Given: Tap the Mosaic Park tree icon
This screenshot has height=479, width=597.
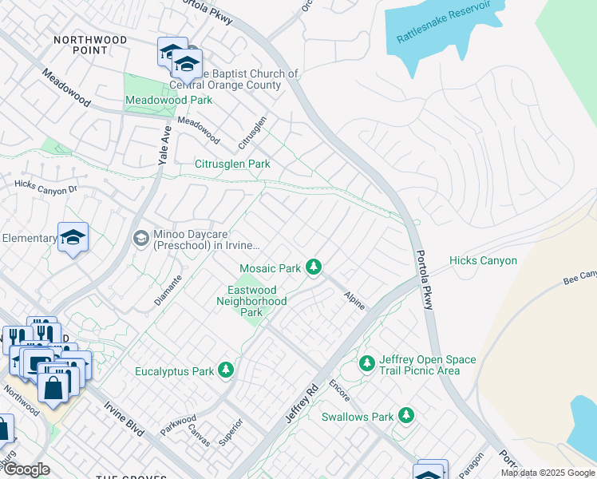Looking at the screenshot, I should (314, 267).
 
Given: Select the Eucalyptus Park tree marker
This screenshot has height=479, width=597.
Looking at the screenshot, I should (226, 370).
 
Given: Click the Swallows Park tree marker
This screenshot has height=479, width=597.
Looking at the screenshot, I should (406, 415).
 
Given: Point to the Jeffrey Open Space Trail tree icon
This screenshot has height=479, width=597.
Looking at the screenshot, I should (366, 364).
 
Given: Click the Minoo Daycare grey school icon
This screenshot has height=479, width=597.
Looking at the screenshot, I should (140, 239).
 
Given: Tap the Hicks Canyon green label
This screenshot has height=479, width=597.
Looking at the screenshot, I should (483, 261).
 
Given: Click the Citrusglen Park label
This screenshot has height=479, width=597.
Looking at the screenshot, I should (233, 164).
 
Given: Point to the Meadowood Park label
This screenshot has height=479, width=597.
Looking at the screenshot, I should (168, 101).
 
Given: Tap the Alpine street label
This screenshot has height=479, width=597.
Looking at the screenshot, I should (354, 300).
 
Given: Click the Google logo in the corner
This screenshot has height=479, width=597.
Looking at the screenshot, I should (26, 469).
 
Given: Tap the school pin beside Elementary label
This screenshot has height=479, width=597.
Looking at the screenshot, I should (73, 237).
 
